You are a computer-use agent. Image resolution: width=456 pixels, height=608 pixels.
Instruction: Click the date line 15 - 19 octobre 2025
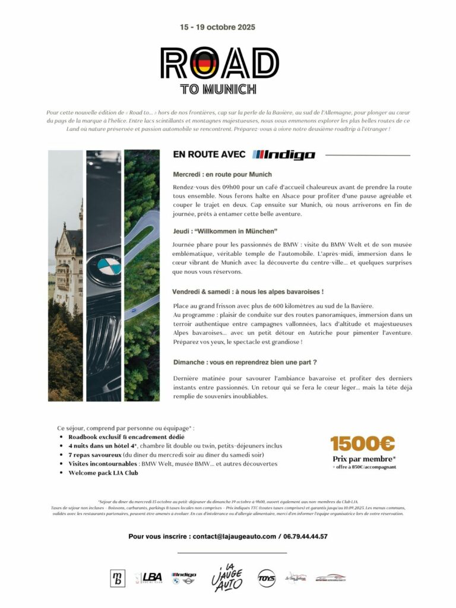click(x=218, y=27)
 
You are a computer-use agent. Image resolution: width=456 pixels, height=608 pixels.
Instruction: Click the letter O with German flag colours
click(x=200, y=64)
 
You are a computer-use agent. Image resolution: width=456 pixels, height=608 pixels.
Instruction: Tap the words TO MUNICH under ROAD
click(x=218, y=90)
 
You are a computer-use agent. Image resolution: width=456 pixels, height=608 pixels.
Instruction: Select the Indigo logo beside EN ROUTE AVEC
click(x=284, y=155)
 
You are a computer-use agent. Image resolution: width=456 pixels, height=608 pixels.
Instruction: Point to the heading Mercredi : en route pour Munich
click(x=222, y=175)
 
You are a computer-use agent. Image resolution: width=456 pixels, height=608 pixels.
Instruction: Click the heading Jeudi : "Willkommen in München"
click(x=225, y=230)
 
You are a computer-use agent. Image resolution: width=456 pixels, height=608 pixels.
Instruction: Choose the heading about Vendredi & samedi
click(x=248, y=292)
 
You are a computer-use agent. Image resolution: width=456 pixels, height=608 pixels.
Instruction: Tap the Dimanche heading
click(x=244, y=362)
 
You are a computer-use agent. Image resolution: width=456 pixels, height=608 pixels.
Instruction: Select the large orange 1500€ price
click(x=363, y=444)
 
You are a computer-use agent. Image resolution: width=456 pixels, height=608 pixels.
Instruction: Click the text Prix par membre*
click(x=364, y=459)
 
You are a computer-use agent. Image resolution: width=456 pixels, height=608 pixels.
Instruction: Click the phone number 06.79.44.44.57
click(x=306, y=536)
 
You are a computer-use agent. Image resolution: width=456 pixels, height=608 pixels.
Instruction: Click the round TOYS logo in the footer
click(x=267, y=578)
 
